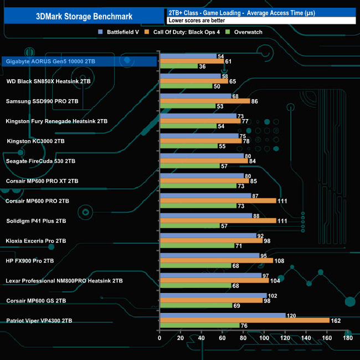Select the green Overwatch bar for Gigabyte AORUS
click(178, 66)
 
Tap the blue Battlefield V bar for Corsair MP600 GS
click(213, 295)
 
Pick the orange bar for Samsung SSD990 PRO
click(204, 101)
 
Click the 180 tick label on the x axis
click(348, 338)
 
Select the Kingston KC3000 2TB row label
click(35, 141)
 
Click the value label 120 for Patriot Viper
click(291, 315)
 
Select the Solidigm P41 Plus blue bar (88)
click(205, 215)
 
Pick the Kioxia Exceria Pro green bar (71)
click(197, 245)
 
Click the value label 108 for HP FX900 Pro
click(279, 260)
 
